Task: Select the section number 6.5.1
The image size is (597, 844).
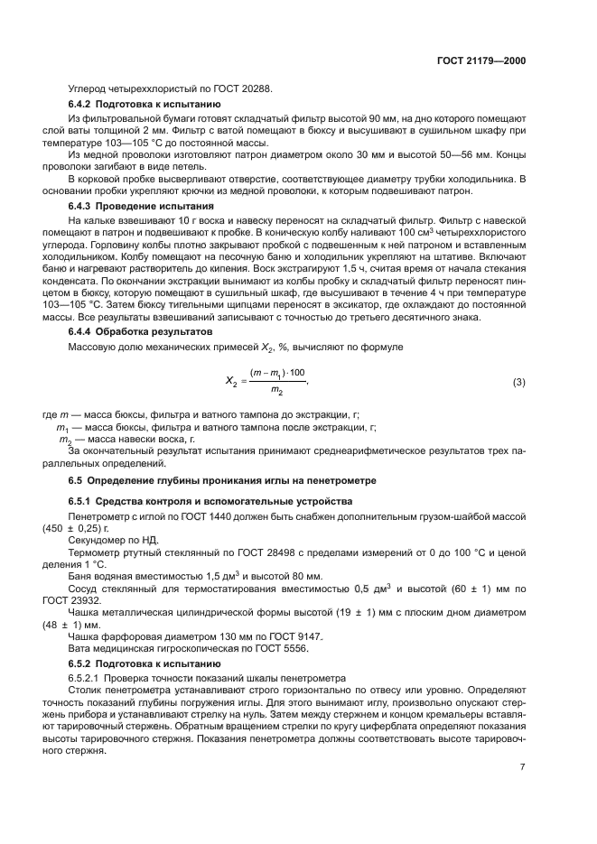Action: pos(85,500)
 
